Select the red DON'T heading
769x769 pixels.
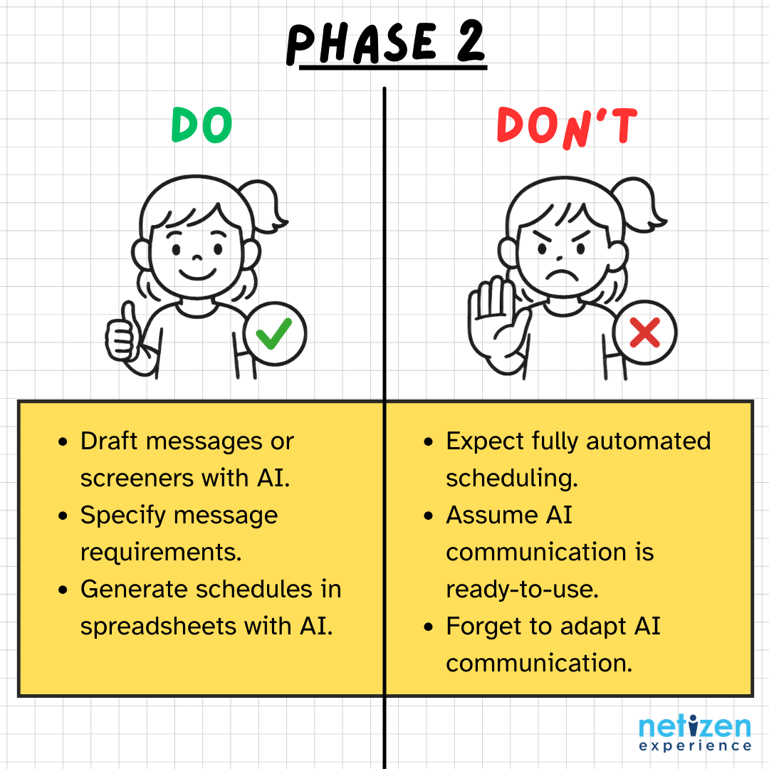click(x=567, y=127)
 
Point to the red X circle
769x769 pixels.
click(x=644, y=333)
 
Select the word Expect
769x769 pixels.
click(x=485, y=441)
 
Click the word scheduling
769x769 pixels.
click(x=511, y=478)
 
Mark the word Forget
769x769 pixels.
click(x=481, y=627)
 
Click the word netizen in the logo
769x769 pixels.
click(x=694, y=728)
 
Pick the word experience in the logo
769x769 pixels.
click(x=694, y=746)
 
